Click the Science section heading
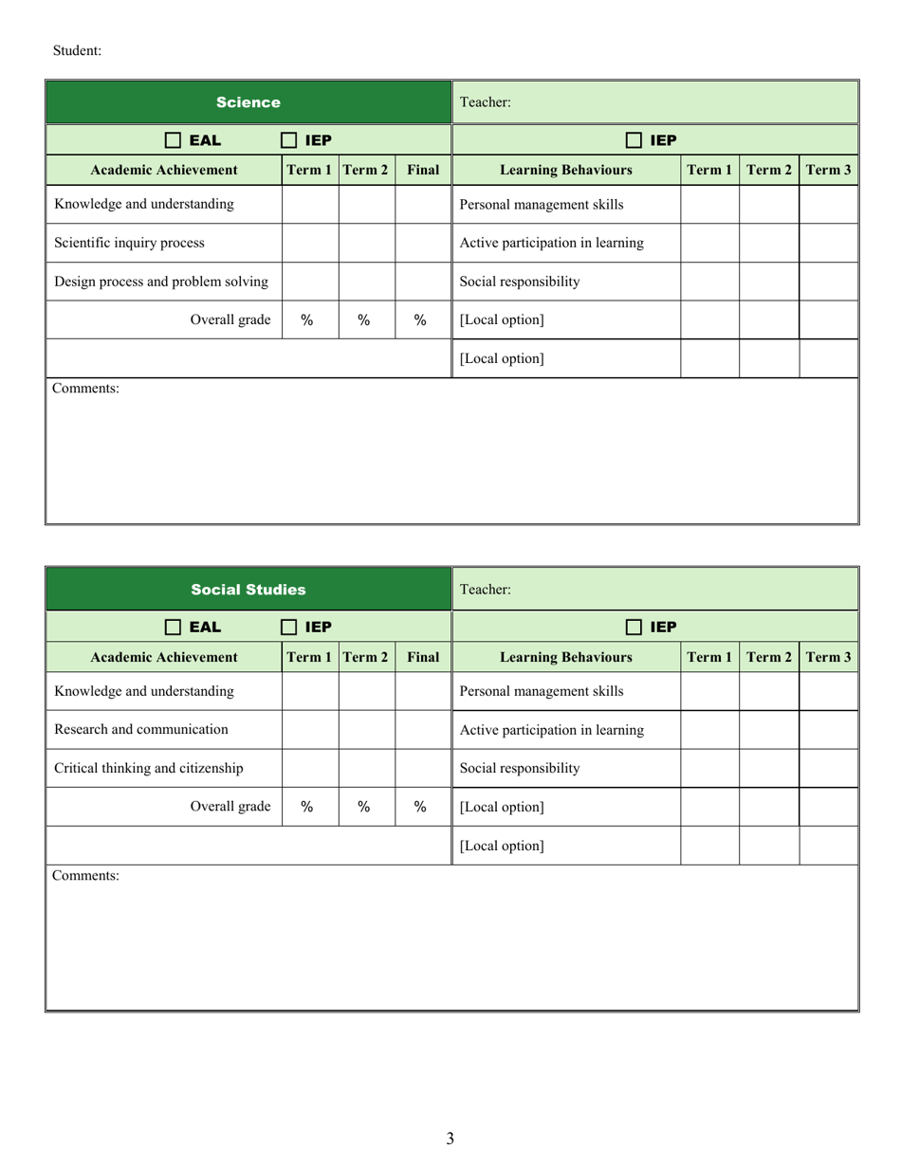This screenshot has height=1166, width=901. click(248, 102)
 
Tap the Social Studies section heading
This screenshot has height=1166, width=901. click(248, 590)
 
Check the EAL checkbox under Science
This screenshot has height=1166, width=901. click(173, 140)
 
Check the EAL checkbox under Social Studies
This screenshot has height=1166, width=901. click(173, 627)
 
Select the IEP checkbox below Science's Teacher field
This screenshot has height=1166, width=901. click(634, 140)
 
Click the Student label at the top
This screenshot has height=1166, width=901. click(77, 50)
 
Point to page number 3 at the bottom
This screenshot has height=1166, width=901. click(450, 1139)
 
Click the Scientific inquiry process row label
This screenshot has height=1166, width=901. click(129, 243)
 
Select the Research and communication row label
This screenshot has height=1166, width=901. click(141, 729)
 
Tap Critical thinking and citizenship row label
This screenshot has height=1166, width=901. click(149, 768)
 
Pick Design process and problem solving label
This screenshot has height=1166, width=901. click(161, 282)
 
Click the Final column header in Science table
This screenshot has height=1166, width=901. click(423, 171)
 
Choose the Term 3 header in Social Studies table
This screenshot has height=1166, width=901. click(828, 657)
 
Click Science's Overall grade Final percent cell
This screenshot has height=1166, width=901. click(420, 320)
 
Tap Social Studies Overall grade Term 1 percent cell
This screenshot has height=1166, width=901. click(307, 807)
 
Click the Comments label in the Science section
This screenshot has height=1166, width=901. click(85, 388)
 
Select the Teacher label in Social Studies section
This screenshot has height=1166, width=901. click(485, 590)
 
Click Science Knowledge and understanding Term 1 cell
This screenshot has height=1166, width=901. click(310, 204)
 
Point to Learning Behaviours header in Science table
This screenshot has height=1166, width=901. click(566, 171)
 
